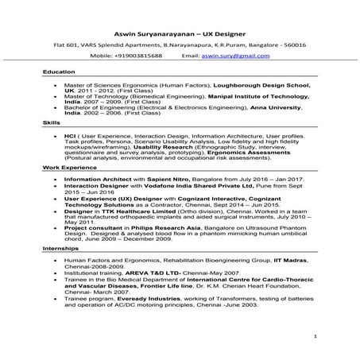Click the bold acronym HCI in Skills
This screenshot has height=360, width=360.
pos(71,136)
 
